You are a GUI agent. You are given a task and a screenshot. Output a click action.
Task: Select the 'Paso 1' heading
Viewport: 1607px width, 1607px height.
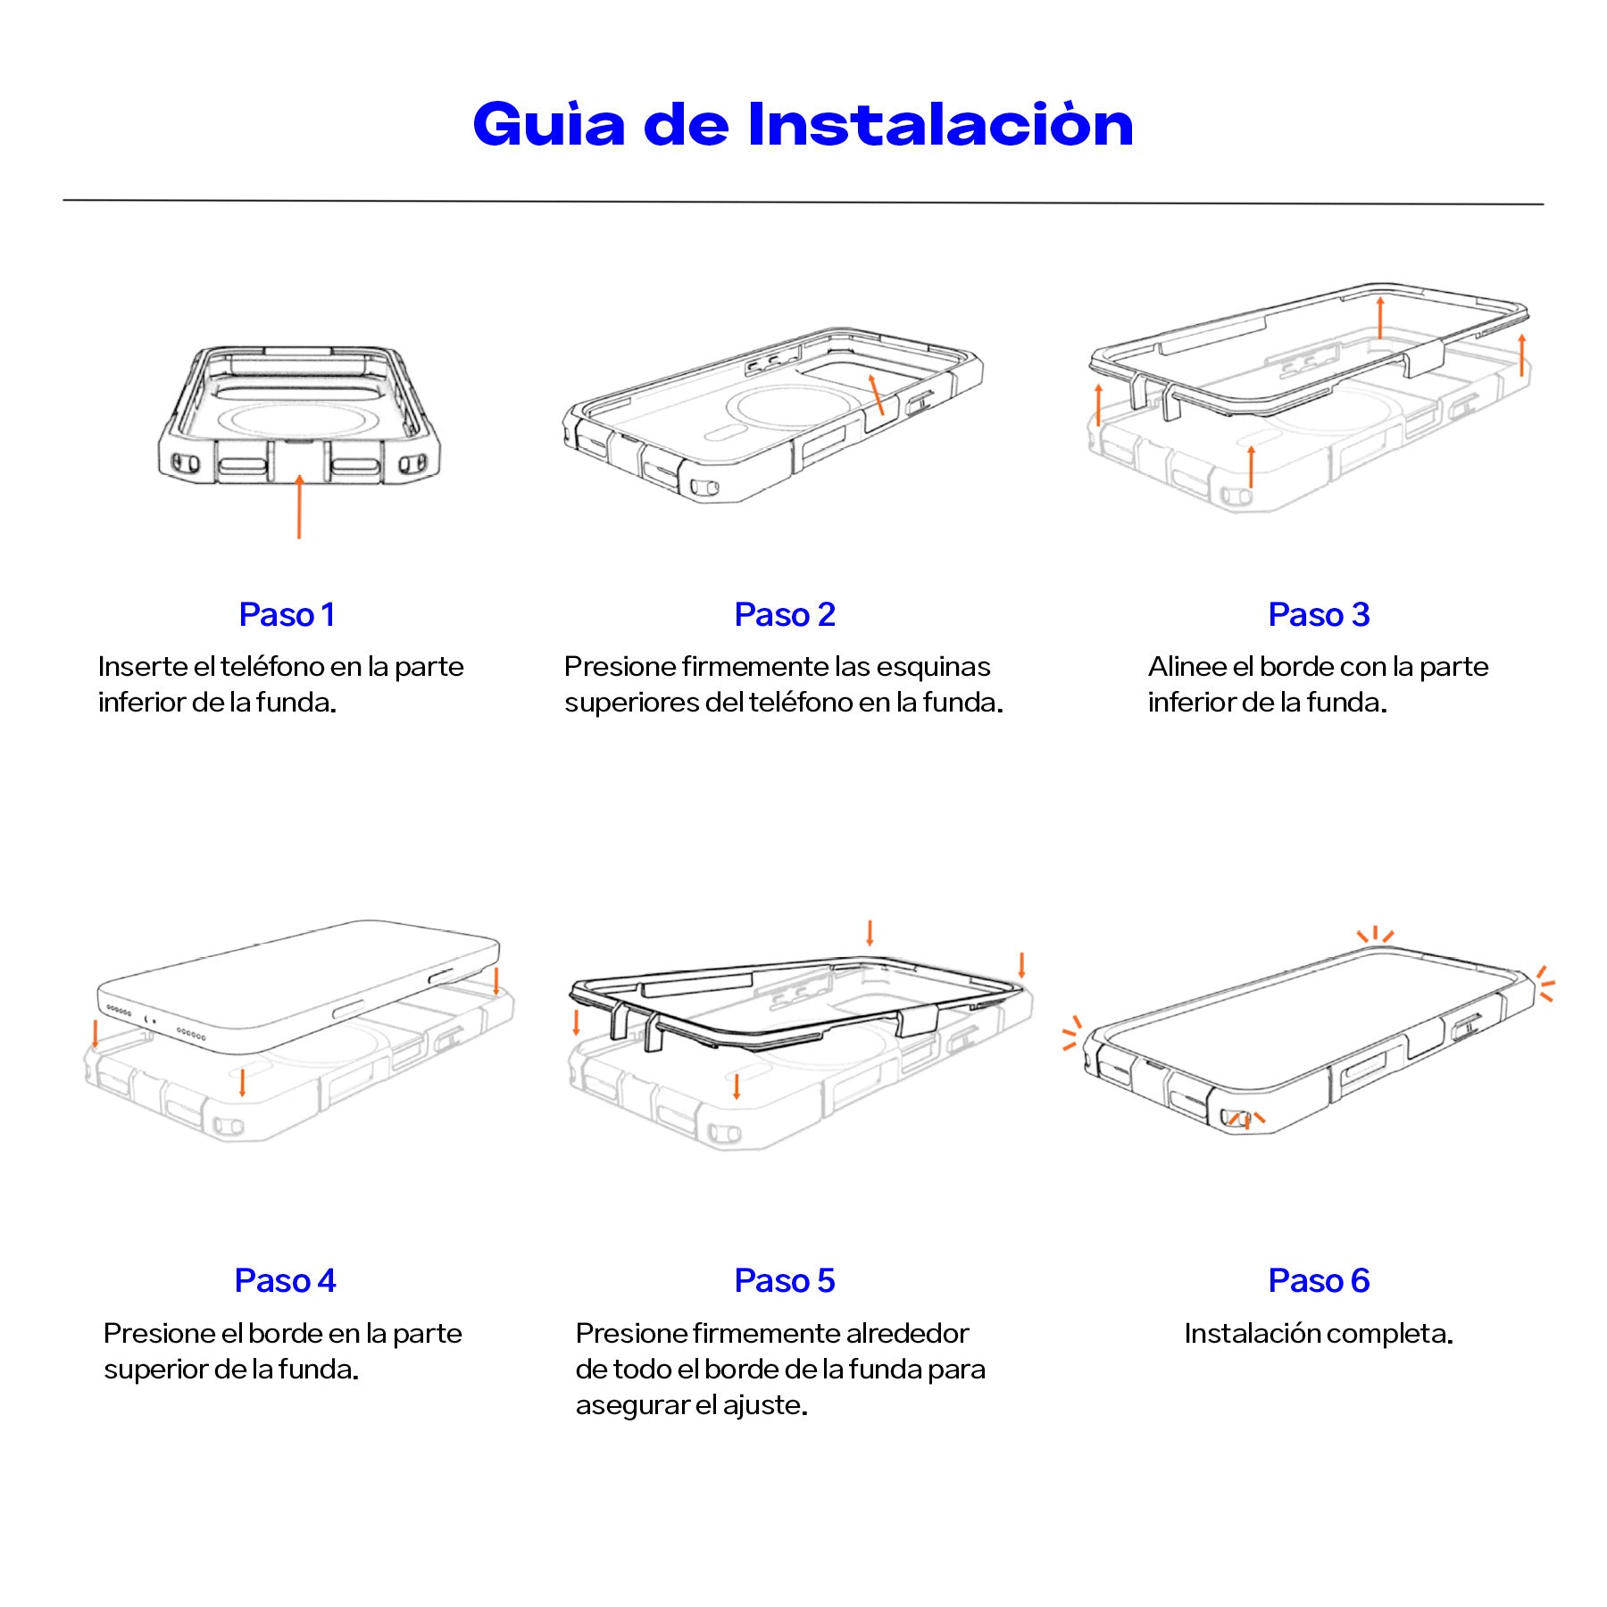pos(287,615)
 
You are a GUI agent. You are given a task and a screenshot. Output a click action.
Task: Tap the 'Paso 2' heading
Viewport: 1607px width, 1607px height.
pos(785,615)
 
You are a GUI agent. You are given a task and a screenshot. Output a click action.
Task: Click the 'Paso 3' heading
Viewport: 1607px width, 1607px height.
pos(1319,615)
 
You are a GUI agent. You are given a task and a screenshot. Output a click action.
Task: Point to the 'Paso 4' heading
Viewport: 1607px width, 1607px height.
pos(285,1281)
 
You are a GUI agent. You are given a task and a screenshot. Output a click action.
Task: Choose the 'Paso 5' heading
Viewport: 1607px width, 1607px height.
pos(785,1281)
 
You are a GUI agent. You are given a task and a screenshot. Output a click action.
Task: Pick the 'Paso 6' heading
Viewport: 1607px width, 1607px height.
pos(1319,1281)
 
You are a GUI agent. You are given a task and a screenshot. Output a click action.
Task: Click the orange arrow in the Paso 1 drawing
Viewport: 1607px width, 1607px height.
pos(299,506)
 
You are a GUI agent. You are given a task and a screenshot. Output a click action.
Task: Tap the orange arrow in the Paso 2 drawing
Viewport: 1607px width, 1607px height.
pos(876,394)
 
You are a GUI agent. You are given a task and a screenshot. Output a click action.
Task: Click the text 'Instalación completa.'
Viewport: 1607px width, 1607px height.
pos(1319,1334)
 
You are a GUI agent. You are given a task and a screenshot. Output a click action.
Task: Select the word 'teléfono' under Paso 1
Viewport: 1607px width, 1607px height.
pos(272,667)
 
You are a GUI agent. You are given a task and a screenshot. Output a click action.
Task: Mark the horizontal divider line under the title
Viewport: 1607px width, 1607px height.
pos(803,203)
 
